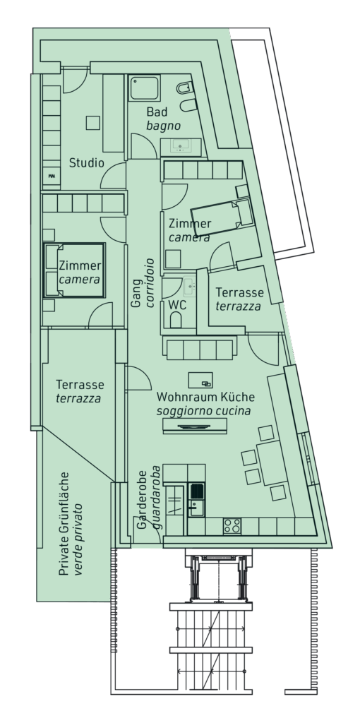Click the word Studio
pyautogui.click(x=86, y=163)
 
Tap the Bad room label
pyautogui.click(x=157, y=112)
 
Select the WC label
pyautogui.click(x=177, y=305)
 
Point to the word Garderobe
pyautogui.click(x=142, y=499)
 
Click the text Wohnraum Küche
pyautogui.click(x=205, y=397)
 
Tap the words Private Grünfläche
pyautogui.click(x=64, y=524)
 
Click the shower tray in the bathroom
pyautogui.click(x=144, y=88)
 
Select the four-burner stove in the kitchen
pyautogui.click(x=232, y=526)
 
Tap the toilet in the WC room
pyautogui.click(x=176, y=320)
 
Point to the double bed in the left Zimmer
pyautogui.click(x=75, y=270)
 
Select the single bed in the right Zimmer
pyautogui.click(x=222, y=217)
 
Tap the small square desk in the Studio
pyautogui.click(x=92, y=123)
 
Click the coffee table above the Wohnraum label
pyautogui.click(x=200, y=381)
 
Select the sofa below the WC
pyautogui.click(x=200, y=348)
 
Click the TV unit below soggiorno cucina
pyautogui.click(x=195, y=426)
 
